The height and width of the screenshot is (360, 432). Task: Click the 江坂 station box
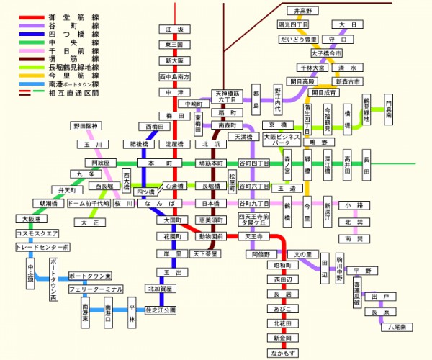point(175,30)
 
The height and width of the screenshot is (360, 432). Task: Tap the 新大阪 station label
point(175,60)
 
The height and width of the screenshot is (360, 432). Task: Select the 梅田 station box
point(175,115)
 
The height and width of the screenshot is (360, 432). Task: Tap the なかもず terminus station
point(282,353)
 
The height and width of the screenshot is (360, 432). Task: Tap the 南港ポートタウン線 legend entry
point(76,84)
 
